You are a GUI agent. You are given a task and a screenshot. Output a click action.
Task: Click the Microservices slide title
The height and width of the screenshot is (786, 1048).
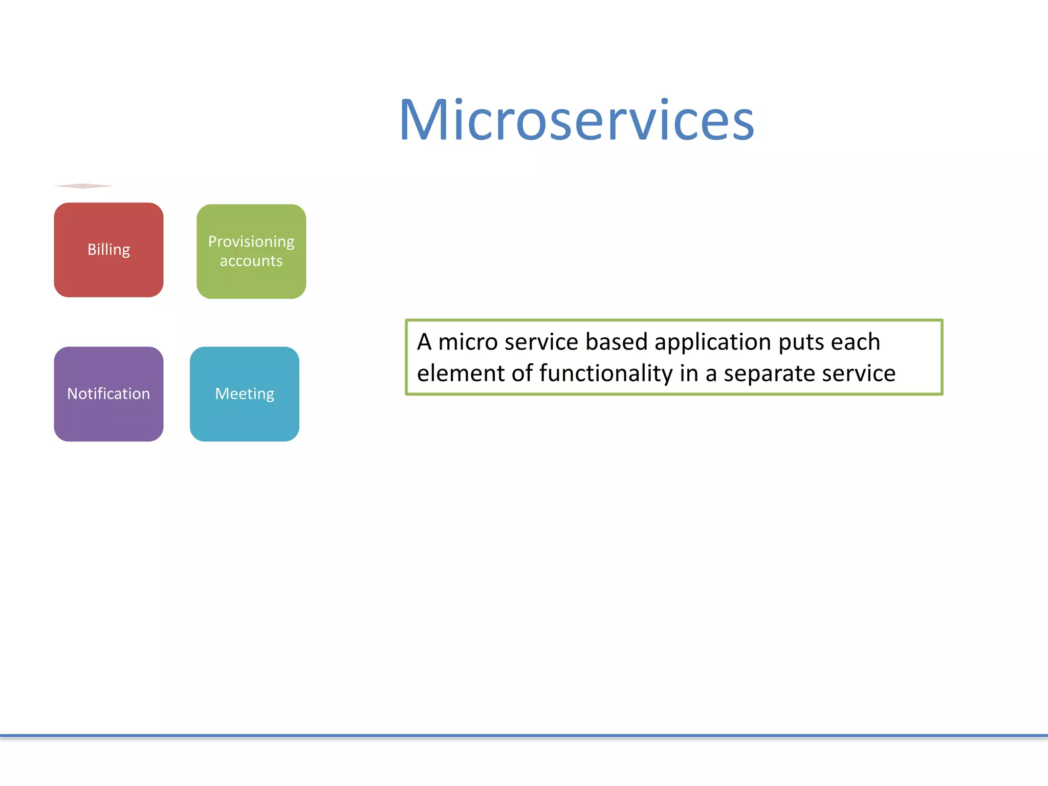(x=577, y=120)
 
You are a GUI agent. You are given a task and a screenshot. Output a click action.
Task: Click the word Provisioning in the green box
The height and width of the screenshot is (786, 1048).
(x=251, y=242)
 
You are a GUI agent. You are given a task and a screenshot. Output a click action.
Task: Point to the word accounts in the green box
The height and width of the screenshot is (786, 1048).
(x=251, y=261)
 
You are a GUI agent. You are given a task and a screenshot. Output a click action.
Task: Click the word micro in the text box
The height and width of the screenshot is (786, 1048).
(x=468, y=342)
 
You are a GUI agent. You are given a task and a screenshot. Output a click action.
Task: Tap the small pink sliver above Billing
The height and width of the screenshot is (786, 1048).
(x=83, y=186)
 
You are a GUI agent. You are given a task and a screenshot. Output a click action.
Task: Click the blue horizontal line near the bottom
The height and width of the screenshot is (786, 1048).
(x=524, y=736)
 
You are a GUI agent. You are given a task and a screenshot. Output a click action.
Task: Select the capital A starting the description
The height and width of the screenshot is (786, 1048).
(x=424, y=342)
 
